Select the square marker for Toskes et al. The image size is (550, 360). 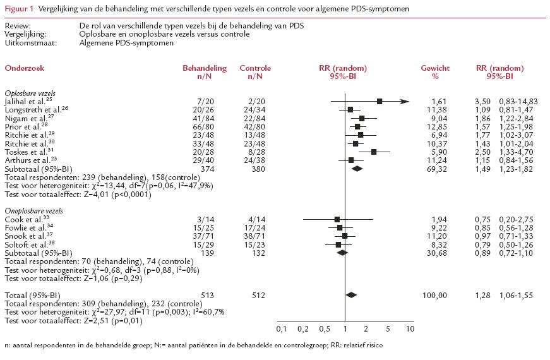[x=374, y=152]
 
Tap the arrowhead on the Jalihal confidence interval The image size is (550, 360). [x=405, y=101]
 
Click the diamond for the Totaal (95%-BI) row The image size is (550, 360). [x=352, y=295]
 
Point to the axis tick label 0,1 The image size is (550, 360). [x=282, y=329]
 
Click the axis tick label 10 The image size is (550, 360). [x=410, y=329]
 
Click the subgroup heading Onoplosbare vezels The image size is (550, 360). [x=33, y=210]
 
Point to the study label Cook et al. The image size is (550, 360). [x=20, y=219]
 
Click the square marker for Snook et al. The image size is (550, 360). [x=345, y=236]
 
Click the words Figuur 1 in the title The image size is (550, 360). [x=18, y=9]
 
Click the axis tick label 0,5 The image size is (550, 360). [x=325, y=329]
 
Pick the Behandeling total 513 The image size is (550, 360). [x=193, y=295]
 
